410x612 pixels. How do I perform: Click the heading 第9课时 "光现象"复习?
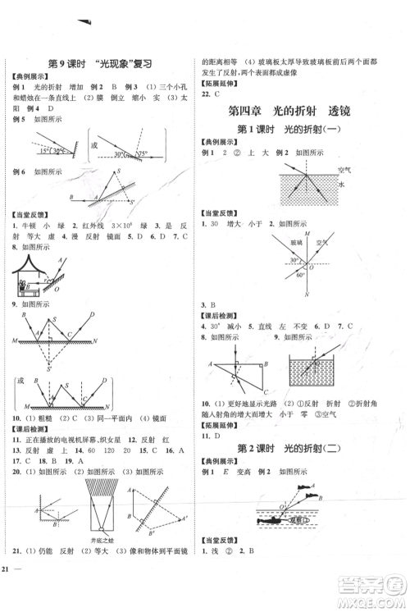(102, 64)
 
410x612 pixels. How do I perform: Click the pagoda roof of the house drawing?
(33, 264)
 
